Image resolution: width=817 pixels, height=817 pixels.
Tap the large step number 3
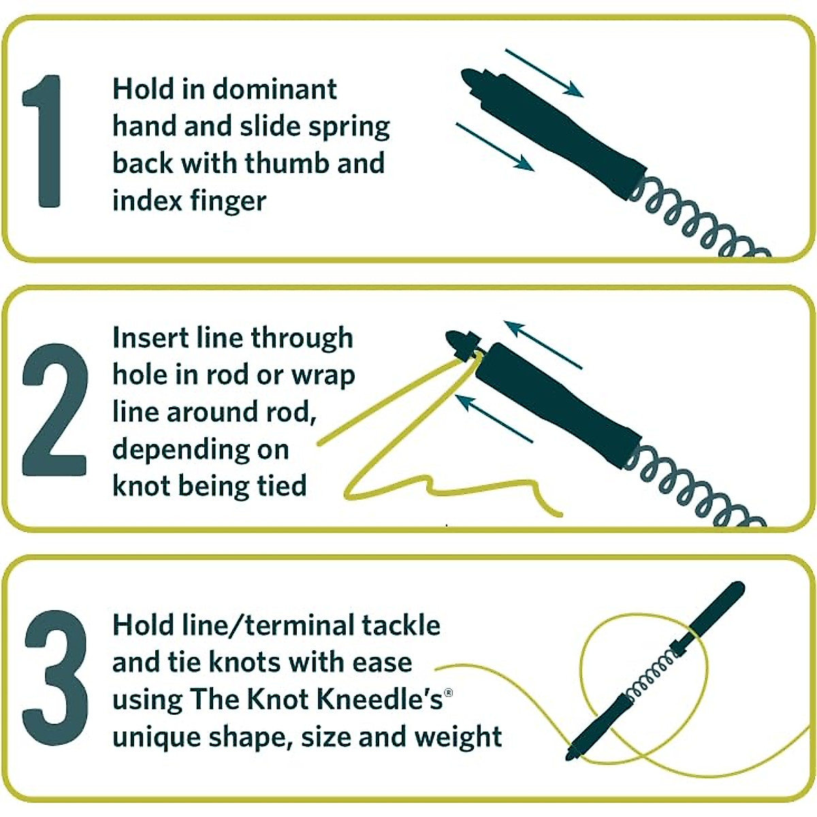(x=56, y=678)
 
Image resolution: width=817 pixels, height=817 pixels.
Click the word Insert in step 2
(x=143, y=338)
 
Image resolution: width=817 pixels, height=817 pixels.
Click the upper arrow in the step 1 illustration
(x=544, y=73)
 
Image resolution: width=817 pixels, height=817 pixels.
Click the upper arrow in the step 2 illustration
(x=543, y=344)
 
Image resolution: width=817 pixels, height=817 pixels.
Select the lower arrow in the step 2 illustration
(x=494, y=417)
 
